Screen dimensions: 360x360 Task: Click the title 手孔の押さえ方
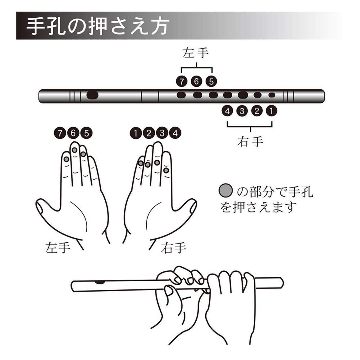[97, 26]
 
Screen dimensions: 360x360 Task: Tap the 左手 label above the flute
[196, 53]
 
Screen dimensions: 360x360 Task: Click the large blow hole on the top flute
[93, 95]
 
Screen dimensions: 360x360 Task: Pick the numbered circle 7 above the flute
[181, 82]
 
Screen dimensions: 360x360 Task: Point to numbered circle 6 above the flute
[196, 82]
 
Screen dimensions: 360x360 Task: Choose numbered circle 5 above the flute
[211, 82]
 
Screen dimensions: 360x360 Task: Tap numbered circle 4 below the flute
[227, 111]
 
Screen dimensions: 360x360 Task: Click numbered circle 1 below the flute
[272, 111]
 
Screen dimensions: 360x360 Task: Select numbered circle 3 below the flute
[242, 111]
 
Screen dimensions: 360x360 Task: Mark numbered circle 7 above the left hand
[60, 133]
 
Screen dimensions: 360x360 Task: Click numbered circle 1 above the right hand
[136, 133]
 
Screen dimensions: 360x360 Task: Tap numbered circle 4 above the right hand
[175, 133]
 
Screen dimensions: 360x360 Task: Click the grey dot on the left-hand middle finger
[75, 150]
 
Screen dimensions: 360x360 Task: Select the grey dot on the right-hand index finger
[166, 170]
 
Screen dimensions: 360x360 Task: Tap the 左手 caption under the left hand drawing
[58, 247]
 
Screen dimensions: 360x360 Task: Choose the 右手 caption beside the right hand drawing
[174, 247]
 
